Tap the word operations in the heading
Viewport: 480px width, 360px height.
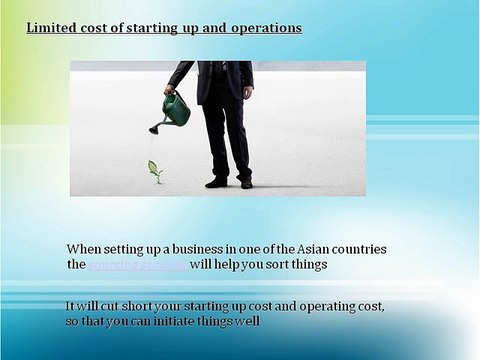click(265, 28)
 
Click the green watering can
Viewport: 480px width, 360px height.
click(176, 109)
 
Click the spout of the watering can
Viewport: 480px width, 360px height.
click(155, 126)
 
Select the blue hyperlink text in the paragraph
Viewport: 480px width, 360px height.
click(137, 265)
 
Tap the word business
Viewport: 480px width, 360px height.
click(200, 249)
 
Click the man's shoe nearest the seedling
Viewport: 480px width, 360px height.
click(216, 182)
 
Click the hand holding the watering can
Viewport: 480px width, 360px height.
click(171, 91)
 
